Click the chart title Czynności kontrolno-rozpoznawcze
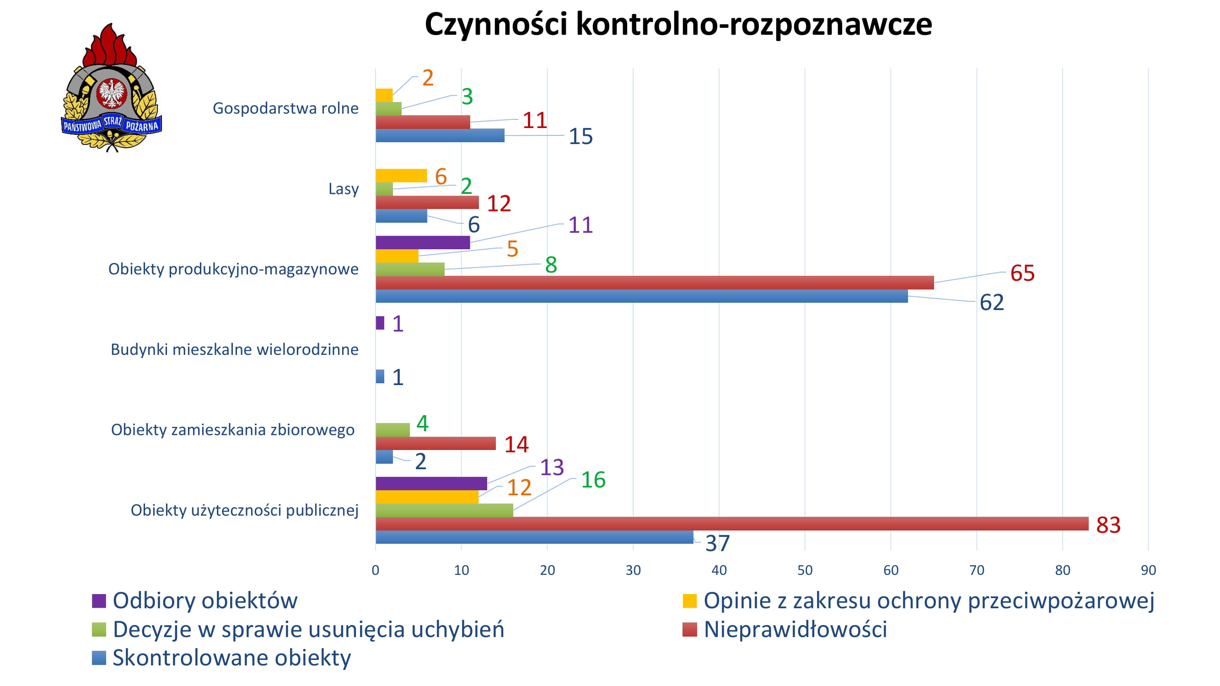point(678,25)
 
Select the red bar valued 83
point(732,524)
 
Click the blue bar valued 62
point(641,296)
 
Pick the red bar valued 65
point(655,283)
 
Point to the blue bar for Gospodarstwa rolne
point(440,135)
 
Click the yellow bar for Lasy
point(401,176)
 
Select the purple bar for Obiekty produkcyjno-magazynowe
point(423,242)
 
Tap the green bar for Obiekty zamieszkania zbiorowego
point(392,430)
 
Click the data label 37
point(718,543)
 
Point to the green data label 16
point(593,480)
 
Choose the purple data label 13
point(552,467)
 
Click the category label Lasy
point(344,189)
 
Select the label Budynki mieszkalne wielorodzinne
point(234,349)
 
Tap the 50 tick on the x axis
point(805,570)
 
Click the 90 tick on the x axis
point(1148,570)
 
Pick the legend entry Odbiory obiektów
point(204,600)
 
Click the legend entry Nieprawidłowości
point(795,629)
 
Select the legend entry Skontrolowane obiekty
point(231,658)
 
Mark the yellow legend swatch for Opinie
point(689,601)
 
